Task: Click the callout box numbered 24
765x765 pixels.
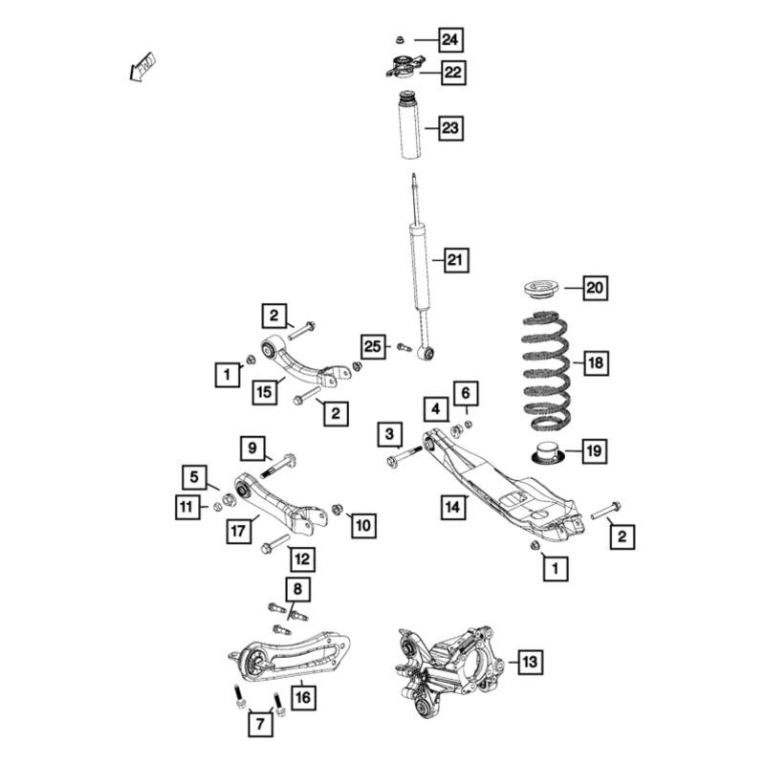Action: tap(450, 40)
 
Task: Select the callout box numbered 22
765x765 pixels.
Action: tap(451, 72)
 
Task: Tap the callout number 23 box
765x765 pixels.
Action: tap(450, 128)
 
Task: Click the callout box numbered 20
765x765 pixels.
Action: tap(595, 287)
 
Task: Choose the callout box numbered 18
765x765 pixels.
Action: tap(595, 362)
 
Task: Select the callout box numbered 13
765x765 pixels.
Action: tap(529, 661)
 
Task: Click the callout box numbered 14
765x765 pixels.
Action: tap(454, 505)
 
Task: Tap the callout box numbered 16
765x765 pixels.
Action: tap(302, 697)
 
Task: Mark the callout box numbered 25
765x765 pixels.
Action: tap(373, 346)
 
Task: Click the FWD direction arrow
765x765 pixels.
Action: tap(142, 67)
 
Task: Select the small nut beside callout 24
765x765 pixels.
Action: tap(401, 40)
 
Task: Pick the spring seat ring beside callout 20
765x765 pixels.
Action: tap(542, 288)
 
